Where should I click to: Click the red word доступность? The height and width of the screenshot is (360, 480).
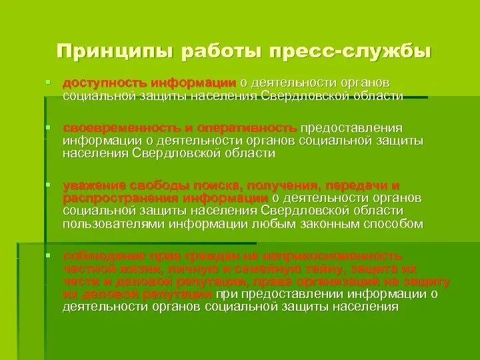pyautogui.click(x=103, y=83)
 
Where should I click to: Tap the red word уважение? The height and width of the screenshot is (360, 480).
pyautogui.click(x=96, y=185)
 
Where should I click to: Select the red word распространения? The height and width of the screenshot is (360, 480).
pyautogui.click(x=111, y=198)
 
